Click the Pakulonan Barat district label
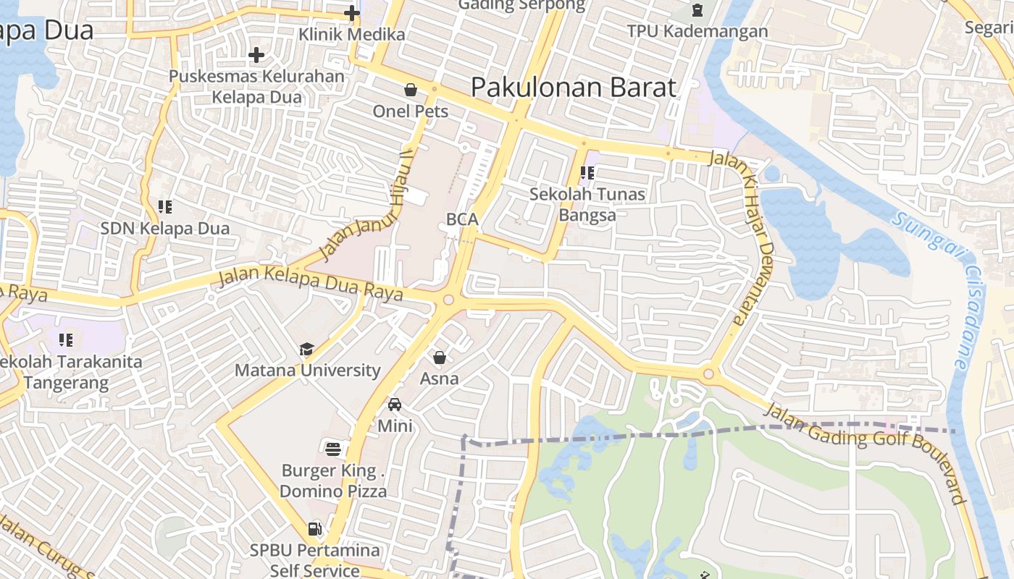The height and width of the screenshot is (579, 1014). pos(574,88)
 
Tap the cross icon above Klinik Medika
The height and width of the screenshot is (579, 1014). pos(352,13)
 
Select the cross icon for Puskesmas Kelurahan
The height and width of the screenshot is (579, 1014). pos(256,55)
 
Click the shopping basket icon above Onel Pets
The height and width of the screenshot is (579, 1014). pos(411,90)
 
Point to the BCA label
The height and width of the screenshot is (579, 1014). pos(462,219)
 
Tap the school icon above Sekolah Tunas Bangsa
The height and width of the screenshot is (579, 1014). pos(587,173)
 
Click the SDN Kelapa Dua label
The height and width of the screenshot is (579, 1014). pos(164,229)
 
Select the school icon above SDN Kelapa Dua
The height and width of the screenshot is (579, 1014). pos(165,207)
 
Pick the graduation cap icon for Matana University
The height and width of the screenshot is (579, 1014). pos(307,350)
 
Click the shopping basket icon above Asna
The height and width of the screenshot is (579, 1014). pos(440,358)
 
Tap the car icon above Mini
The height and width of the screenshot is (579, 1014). pos(395,405)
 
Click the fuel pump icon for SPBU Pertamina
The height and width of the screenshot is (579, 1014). pos(314,529)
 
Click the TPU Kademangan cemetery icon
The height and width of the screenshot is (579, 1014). pos(697,10)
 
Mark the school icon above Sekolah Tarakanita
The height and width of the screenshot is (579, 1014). pos(66,339)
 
